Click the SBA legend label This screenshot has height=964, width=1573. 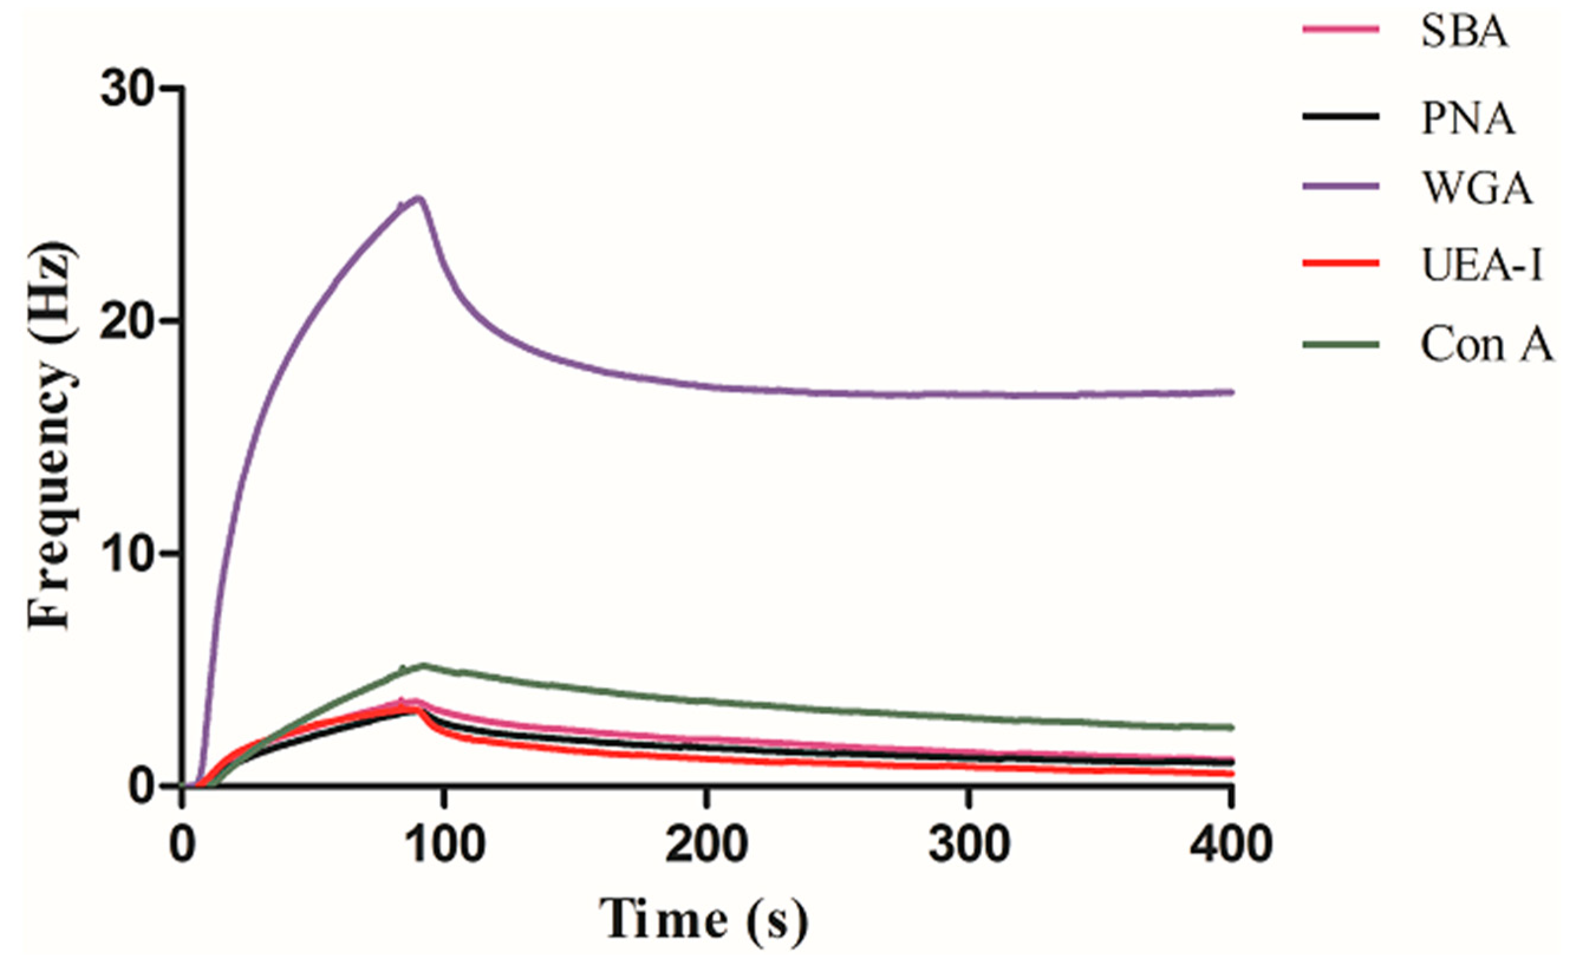point(1464,32)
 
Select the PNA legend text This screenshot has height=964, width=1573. point(1468,119)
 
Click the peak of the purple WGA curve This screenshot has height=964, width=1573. point(419,197)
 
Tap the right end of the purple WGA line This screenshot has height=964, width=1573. point(1232,393)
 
